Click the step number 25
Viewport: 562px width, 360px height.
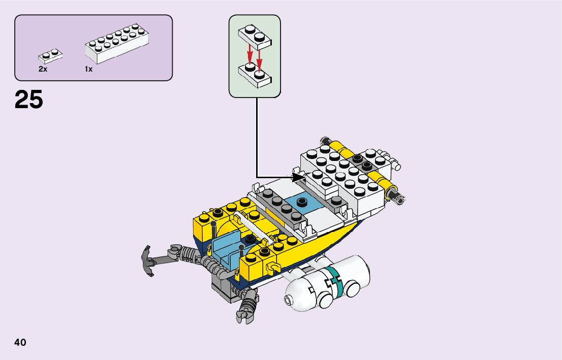[29, 100]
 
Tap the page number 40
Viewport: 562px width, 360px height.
[20, 342]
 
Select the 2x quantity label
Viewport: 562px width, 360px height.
[43, 69]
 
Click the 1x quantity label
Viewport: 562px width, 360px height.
[89, 69]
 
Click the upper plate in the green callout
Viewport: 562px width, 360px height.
[255, 36]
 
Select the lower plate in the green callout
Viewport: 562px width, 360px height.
[255, 75]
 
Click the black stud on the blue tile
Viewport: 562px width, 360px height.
[302, 201]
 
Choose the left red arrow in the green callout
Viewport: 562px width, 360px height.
[249, 52]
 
